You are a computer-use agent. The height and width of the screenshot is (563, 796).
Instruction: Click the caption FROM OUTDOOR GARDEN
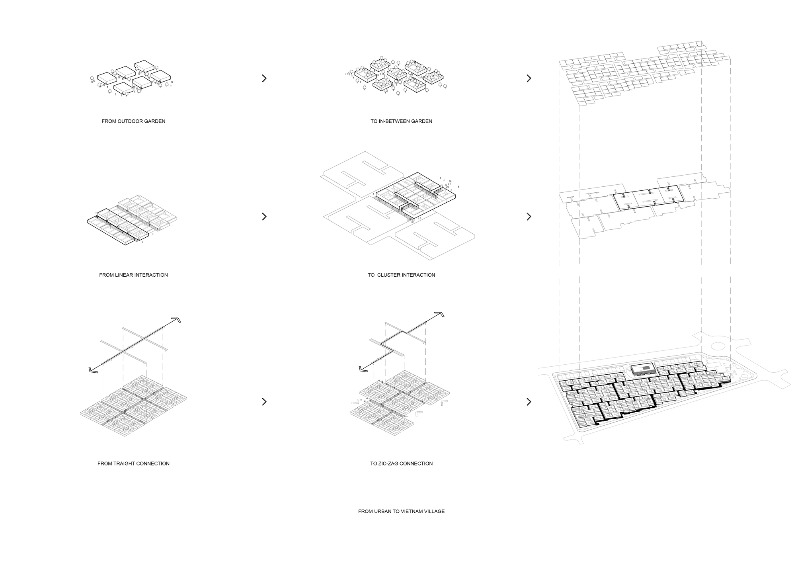coord(133,121)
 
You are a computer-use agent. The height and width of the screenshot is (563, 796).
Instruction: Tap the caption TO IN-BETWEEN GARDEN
coord(401,121)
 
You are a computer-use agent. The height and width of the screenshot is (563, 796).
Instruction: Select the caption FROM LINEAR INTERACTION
coord(133,275)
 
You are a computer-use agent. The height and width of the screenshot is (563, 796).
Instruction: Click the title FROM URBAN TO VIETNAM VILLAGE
coord(401,511)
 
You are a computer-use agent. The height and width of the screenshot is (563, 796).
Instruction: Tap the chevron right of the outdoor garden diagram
coord(264,78)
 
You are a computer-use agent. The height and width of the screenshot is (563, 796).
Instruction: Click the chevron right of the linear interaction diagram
coord(264,217)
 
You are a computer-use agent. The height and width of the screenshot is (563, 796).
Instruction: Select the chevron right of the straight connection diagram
coord(264,402)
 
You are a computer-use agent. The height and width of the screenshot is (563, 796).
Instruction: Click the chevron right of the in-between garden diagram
coord(529,78)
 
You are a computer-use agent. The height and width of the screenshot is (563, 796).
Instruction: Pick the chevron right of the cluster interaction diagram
coord(529,217)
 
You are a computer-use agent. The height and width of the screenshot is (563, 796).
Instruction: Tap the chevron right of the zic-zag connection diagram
coord(529,402)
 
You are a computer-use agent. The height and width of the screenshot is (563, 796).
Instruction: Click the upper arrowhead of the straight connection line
coord(176,320)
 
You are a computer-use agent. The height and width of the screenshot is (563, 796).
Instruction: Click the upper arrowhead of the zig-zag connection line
coord(439,314)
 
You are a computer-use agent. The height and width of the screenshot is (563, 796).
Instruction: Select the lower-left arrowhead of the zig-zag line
coord(363,369)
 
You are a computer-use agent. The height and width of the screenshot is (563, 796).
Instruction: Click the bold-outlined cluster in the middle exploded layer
coord(648,197)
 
